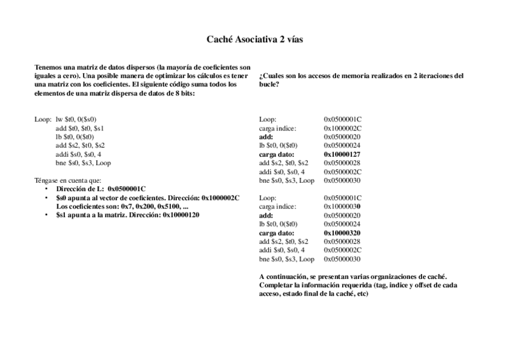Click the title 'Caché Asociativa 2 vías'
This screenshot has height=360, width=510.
[x=254, y=40]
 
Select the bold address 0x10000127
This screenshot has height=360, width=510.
[x=343, y=154]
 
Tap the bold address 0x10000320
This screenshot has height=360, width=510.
[x=343, y=233]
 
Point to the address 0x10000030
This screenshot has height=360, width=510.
[x=343, y=206]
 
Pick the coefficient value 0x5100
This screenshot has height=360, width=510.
[x=164, y=206]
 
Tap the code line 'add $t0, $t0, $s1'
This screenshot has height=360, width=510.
[x=80, y=128]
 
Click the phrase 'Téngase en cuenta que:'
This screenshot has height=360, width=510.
[x=68, y=180]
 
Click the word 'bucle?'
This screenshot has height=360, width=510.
[x=269, y=85]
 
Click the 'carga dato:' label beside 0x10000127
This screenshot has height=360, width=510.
[x=277, y=154]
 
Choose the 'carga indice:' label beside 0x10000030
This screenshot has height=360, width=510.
[x=278, y=206]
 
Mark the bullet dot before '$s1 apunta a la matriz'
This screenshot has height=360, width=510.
[x=47, y=215]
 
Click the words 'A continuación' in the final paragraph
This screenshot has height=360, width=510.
[x=283, y=276]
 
